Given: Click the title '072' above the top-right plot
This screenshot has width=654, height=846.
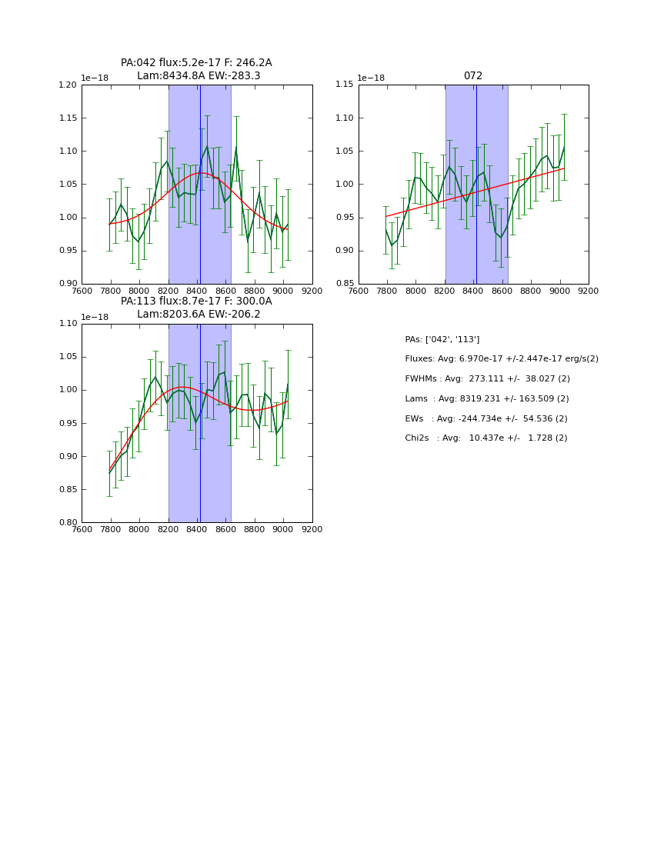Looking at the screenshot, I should [473, 76].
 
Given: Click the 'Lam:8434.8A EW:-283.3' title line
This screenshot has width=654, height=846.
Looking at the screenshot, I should [199, 76].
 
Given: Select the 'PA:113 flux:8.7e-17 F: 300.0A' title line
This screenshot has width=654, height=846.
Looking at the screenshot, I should [196, 301].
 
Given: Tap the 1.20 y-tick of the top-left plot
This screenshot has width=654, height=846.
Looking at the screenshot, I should [68, 85].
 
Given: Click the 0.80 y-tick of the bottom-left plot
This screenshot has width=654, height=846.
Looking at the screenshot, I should [68, 523].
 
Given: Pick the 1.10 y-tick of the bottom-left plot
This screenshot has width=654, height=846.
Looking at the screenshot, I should [68, 324].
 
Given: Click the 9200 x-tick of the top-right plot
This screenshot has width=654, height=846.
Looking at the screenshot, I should [589, 291].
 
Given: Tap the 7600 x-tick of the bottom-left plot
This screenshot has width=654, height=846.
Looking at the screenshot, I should [82, 529].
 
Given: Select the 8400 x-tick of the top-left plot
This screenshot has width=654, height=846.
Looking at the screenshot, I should [197, 291].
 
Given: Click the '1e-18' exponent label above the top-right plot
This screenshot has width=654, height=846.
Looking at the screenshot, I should [371, 78].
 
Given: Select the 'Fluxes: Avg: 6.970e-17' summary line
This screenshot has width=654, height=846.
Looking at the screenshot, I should [501, 359].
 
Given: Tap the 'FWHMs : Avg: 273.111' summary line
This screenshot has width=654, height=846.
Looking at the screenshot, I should [487, 379].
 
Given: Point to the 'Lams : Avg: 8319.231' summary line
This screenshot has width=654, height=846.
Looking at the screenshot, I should [486, 399].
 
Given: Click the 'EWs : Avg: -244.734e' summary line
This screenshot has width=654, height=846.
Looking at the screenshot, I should [486, 418].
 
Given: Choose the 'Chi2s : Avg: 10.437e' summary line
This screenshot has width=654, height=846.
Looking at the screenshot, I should [485, 438].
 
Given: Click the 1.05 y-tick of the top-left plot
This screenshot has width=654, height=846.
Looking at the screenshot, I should [68, 185].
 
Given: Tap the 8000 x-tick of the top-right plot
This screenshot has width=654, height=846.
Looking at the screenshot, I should [415, 291].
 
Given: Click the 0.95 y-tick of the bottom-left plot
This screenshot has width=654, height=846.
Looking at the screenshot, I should [68, 424].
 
